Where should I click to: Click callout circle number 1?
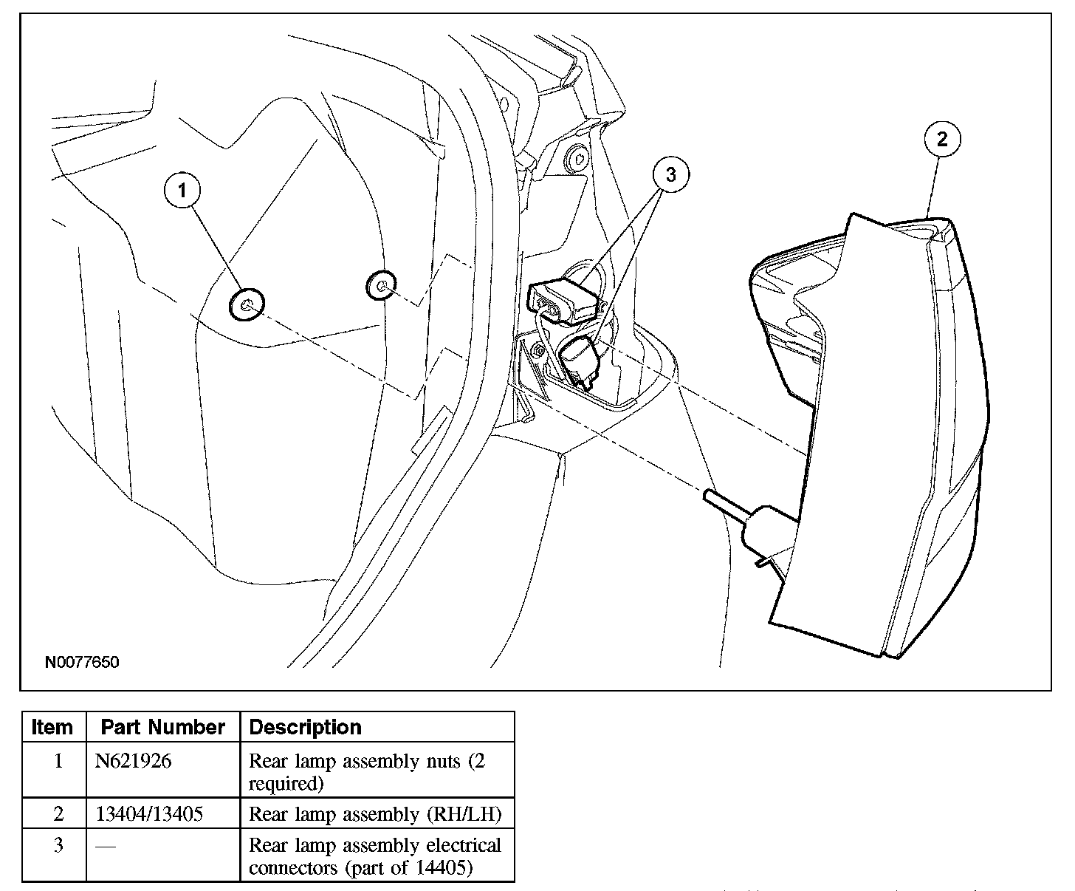[x=182, y=190]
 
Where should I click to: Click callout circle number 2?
[x=942, y=139]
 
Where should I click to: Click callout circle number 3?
[x=671, y=174]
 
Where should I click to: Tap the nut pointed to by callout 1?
[x=247, y=304]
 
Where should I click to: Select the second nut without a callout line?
[x=381, y=285]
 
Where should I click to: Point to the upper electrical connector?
[x=563, y=301]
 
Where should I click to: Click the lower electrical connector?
[x=579, y=361]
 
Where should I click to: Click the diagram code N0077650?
[x=82, y=662]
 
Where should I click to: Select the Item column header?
[x=52, y=727]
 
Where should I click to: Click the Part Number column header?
[x=162, y=727]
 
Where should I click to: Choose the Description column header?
[x=306, y=727]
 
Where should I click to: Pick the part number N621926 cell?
[x=133, y=761]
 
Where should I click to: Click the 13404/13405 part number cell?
[x=149, y=813]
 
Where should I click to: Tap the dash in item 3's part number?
[x=106, y=846]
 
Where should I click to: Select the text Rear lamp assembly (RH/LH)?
[x=375, y=814]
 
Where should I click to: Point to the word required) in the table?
[x=286, y=784]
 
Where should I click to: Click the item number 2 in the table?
[x=58, y=813]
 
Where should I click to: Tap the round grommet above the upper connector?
[x=577, y=157]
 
